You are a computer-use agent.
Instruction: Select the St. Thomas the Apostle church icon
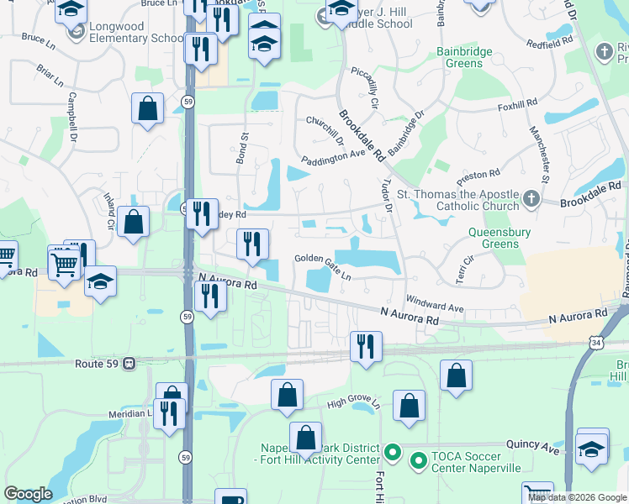pos(530,199)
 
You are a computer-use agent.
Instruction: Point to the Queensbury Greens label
pos(505,236)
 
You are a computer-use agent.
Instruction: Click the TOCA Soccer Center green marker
pos(418,460)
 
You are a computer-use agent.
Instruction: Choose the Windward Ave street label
pos(434,303)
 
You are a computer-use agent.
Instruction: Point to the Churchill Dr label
pos(325,130)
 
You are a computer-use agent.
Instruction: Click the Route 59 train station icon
pos(129,364)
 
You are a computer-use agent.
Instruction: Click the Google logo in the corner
pos(29,494)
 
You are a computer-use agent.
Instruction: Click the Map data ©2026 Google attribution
pos(576,497)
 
